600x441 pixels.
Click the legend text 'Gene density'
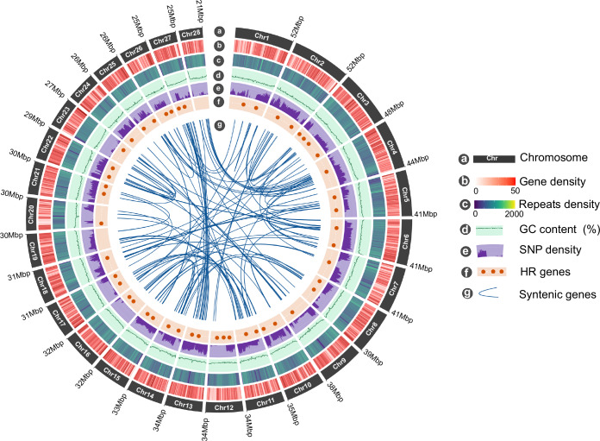click(525, 183)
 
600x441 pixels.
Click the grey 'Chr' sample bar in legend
click(491, 159)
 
